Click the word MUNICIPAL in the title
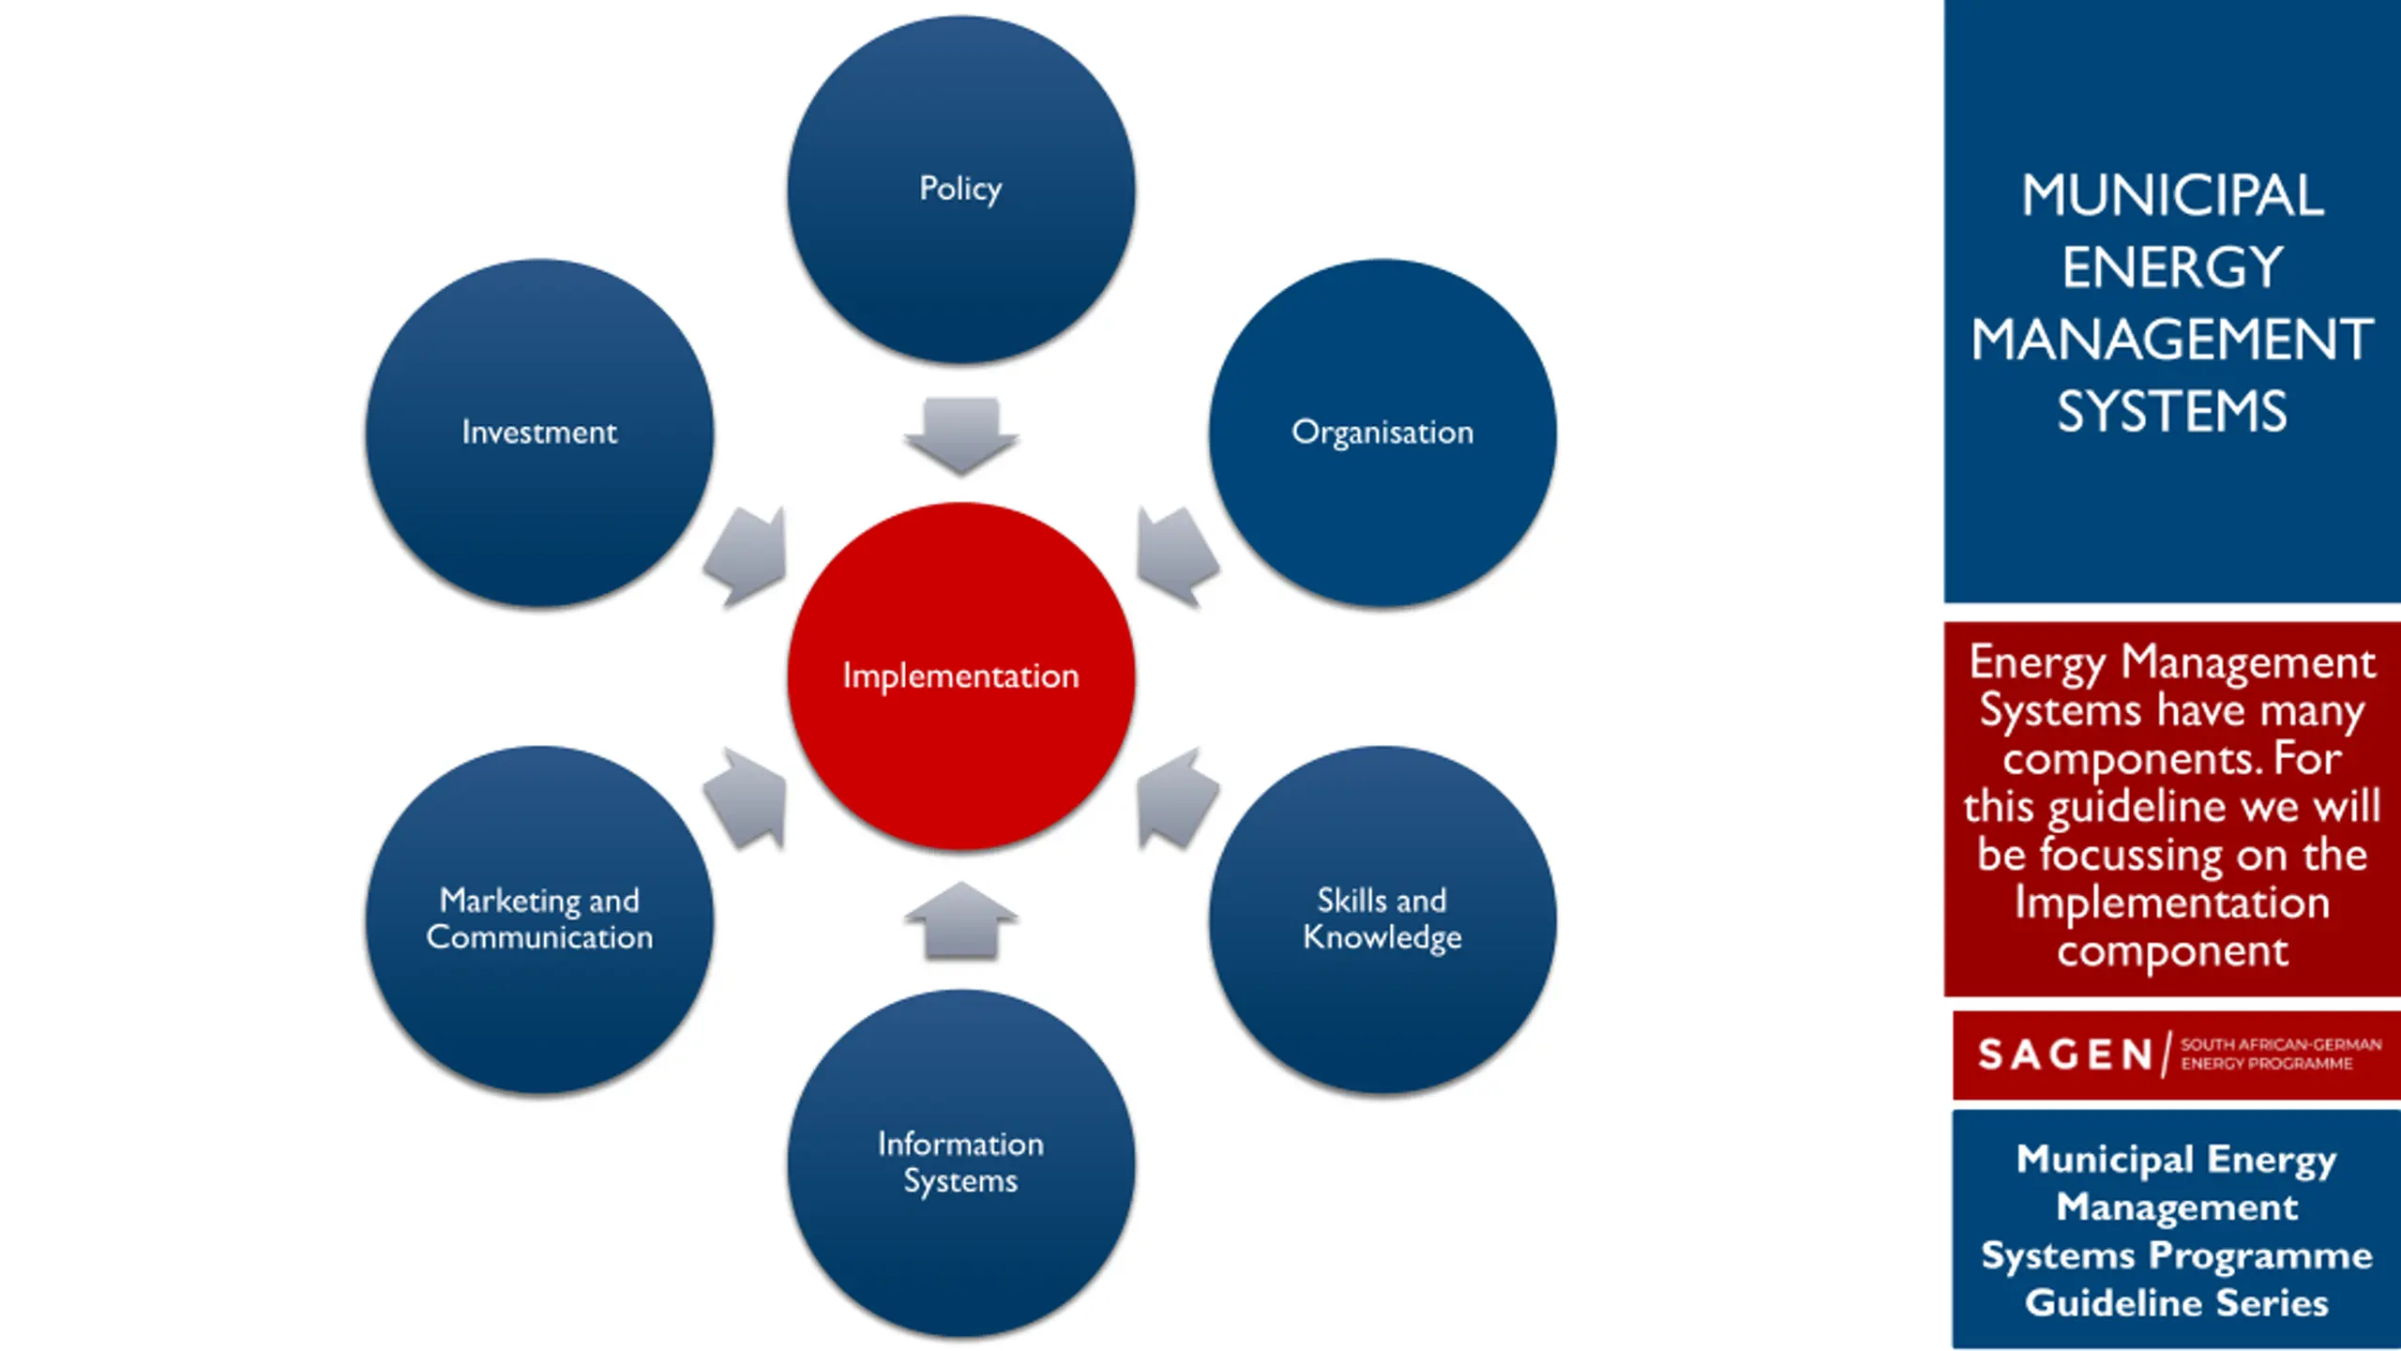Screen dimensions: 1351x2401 2172,195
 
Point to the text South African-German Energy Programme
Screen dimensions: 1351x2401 2280,1054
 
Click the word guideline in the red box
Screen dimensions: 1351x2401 2120,807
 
